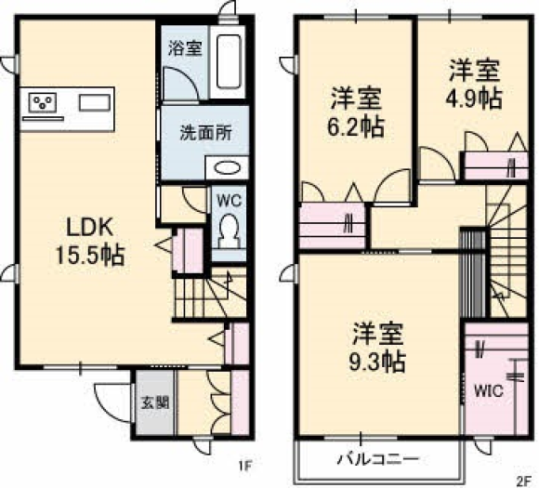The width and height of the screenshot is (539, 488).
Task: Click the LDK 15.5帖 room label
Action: [x=90, y=242]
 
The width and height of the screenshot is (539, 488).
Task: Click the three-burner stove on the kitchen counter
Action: [x=43, y=102]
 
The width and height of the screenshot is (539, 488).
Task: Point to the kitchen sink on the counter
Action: [x=95, y=103]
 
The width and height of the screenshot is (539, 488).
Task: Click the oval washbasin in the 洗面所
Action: [x=227, y=168]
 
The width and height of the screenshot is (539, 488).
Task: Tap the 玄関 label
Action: [x=156, y=402]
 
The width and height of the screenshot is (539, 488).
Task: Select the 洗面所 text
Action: [x=206, y=133]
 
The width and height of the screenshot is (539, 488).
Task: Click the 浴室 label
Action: [x=185, y=47]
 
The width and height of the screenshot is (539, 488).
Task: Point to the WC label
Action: [x=230, y=201]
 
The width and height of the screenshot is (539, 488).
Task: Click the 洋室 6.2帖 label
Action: [x=356, y=112]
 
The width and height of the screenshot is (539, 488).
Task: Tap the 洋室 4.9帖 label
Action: [x=474, y=85]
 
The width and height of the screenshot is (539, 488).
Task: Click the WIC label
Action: [x=489, y=390]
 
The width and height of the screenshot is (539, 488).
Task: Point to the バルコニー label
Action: [x=378, y=459]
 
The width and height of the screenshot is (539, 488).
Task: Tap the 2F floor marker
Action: [x=522, y=480]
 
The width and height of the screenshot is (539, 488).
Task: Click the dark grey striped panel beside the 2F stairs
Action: [x=473, y=274]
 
